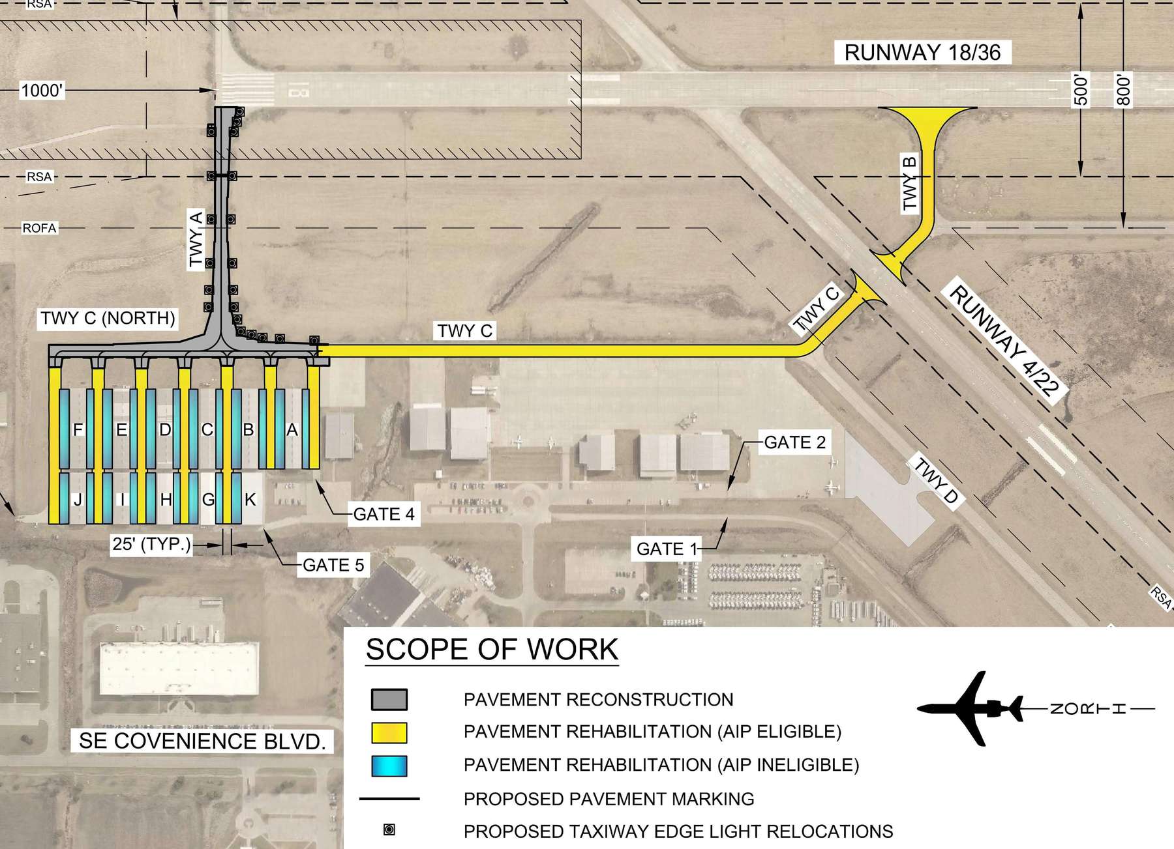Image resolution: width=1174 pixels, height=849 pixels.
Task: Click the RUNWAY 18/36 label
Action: [922, 53]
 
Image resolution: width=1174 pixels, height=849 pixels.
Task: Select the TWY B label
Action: [910, 184]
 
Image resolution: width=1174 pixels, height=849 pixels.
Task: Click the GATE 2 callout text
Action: [794, 442]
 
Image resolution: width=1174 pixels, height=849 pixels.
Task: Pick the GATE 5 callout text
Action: [333, 565]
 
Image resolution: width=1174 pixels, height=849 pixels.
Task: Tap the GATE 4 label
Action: [384, 514]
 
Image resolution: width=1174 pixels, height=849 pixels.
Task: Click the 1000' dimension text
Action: [42, 91]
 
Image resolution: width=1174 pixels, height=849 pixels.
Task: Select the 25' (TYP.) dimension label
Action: [152, 543]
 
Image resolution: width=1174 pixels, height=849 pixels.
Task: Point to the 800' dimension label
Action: [1123, 91]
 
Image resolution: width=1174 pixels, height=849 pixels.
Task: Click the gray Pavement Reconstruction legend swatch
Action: [389, 699]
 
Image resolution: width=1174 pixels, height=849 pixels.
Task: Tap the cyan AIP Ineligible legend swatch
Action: [389, 766]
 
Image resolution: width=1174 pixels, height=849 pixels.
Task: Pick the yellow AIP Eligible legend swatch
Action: [389, 732]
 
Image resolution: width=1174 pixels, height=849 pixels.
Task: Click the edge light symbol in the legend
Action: [389, 829]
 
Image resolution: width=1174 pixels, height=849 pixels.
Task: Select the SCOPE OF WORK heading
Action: [492, 650]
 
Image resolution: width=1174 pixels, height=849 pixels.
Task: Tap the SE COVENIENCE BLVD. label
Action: [202, 741]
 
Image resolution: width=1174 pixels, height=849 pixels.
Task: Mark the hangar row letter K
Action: [250, 500]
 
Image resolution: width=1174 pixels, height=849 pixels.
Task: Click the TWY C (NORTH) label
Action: [108, 318]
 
